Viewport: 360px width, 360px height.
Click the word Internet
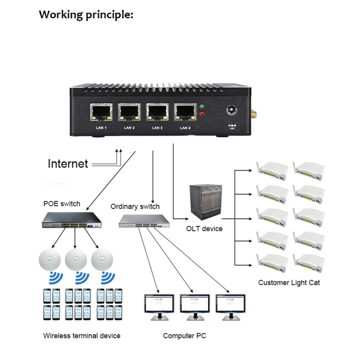[x=68, y=164]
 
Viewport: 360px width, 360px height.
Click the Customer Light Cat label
[x=289, y=282]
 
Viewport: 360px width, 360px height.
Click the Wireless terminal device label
[x=82, y=336]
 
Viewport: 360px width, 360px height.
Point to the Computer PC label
[x=184, y=336]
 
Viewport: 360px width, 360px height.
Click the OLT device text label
[x=204, y=228]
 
